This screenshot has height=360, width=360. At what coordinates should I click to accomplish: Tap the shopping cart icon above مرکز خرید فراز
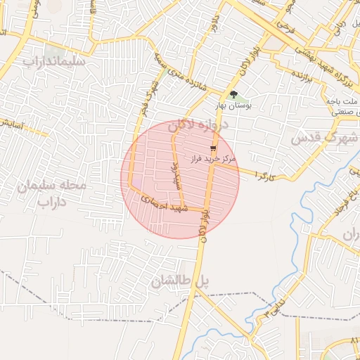click(x=213, y=148)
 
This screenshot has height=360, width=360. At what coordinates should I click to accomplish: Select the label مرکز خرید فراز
click(x=214, y=160)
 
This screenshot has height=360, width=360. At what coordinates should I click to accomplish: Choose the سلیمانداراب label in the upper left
click(x=54, y=61)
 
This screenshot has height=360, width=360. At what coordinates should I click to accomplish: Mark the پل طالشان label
click(x=180, y=281)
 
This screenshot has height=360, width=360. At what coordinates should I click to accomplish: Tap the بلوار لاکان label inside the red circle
click(x=205, y=219)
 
